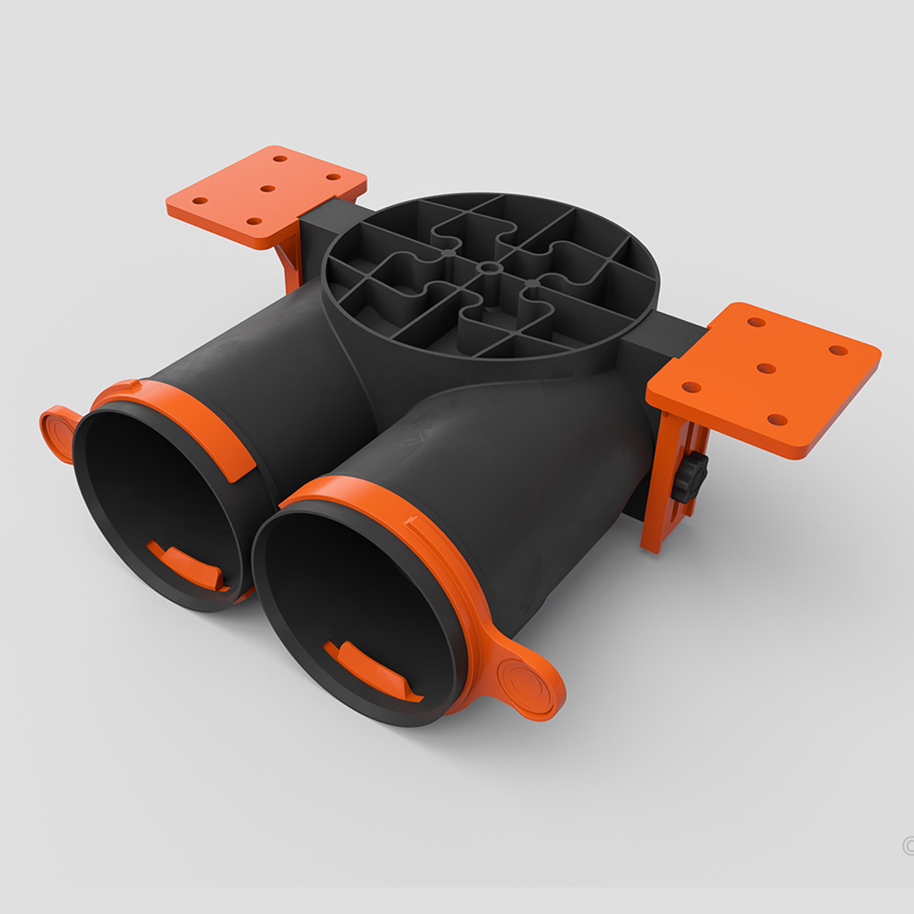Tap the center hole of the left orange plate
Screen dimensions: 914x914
(267, 189)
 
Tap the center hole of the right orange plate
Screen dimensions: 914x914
(766, 368)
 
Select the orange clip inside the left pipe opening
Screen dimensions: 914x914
(186, 565)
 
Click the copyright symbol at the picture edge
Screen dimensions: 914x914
(908, 845)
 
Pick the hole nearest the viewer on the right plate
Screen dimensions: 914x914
(777, 420)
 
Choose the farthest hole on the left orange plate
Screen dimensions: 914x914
(280, 157)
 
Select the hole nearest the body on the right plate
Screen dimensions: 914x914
(690, 386)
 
